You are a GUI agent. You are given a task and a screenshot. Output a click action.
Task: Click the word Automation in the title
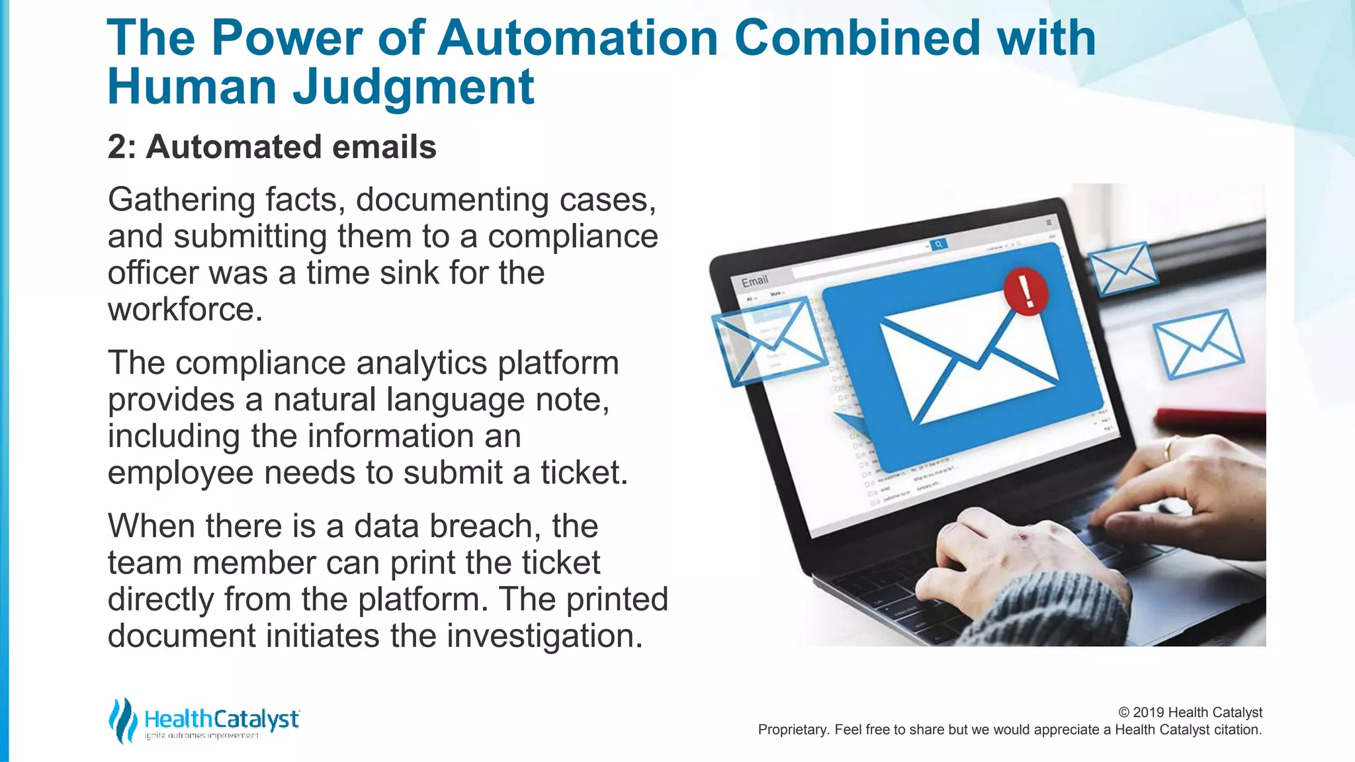pyautogui.click(x=577, y=38)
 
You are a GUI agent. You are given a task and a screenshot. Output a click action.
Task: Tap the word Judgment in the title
pyautogui.click(x=413, y=87)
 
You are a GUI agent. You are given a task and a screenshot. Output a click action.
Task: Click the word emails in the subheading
pyautogui.click(x=384, y=147)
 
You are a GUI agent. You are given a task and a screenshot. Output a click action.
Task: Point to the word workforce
pyautogui.click(x=185, y=310)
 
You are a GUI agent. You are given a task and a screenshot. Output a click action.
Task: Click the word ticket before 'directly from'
pyautogui.click(x=560, y=563)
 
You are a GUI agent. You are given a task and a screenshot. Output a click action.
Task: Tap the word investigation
pyautogui.click(x=544, y=636)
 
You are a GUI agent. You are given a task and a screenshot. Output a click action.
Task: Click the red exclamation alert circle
pyautogui.click(x=1026, y=291)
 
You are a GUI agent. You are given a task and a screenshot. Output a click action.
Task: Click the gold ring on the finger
pyautogui.click(x=1168, y=449)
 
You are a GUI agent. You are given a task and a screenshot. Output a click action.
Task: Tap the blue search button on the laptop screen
pyautogui.click(x=938, y=245)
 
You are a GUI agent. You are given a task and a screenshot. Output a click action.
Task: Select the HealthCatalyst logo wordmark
pyautogui.click(x=221, y=719)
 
